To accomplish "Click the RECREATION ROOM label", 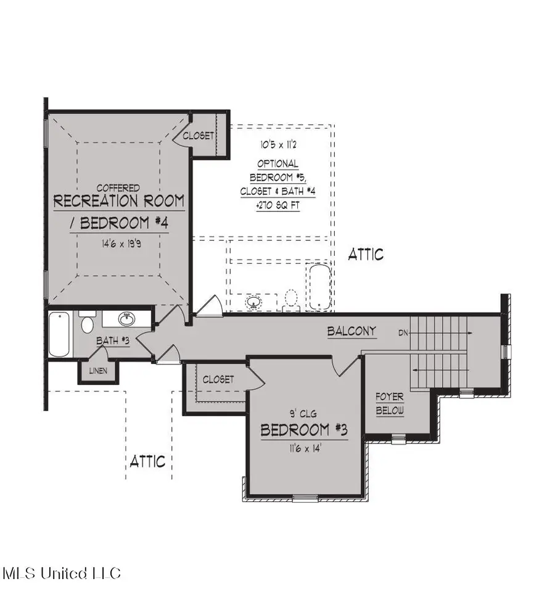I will pyautogui.click(x=119, y=201).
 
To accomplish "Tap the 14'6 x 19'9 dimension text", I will pyautogui.click(x=118, y=244).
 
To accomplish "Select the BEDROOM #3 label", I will pyautogui.click(x=304, y=430).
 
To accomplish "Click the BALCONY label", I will pyautogui.click(x=351, y=331).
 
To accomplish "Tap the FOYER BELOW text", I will pyautogui.click(x=390, y=404).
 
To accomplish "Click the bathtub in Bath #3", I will pyautogui.click(x=59, y=334).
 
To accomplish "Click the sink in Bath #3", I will pyautogui.click(x=127, y=319).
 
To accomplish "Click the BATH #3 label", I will pyautogui.click(x=112, y=340).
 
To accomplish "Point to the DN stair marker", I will pyautogui.click(x=403, y=332).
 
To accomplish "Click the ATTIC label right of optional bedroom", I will pyautogui.click(x=366, y=253).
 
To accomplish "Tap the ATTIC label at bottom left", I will pyautogui.click(x=147, y=461).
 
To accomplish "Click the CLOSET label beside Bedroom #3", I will pyautogui.click(x=218, y=379).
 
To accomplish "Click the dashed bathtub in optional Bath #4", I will pyautogui.click(x=319, y=287).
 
